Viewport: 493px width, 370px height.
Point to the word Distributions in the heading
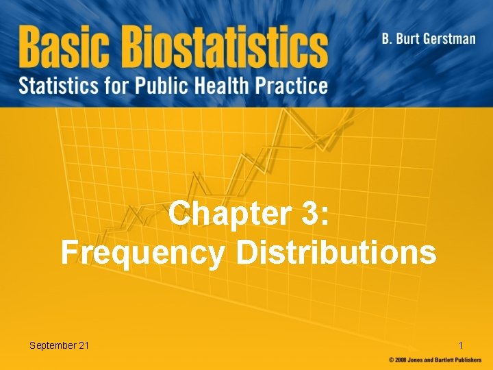coord(336,251)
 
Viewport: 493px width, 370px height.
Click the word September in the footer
coord(53,345)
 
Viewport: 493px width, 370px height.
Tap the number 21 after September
coord(84,345)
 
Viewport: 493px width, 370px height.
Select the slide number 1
coord(461,345)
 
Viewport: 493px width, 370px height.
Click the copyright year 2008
coord(402,360)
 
